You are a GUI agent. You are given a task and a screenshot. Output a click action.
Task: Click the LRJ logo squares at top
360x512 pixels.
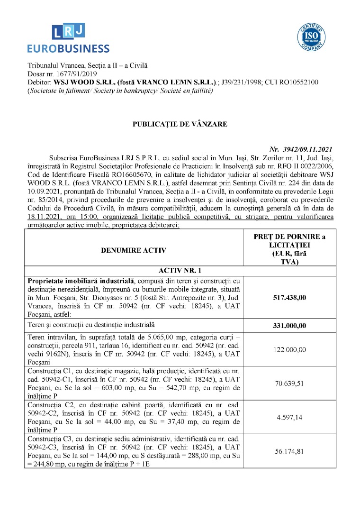(x=68, y=31)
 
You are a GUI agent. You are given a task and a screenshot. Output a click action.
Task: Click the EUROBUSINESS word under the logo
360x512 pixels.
(x=68, y=48)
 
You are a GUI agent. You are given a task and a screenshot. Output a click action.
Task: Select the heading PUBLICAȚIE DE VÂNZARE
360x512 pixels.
(x=180, y=124)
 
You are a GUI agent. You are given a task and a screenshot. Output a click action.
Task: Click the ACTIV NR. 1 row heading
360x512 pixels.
(x=180, y=271)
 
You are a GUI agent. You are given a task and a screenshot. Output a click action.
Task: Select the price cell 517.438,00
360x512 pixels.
(x=289, y=297)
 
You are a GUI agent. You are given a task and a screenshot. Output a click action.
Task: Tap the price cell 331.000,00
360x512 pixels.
(x=289, y=326)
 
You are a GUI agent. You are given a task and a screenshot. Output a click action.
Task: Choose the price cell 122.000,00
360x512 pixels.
(x=289, y=349)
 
